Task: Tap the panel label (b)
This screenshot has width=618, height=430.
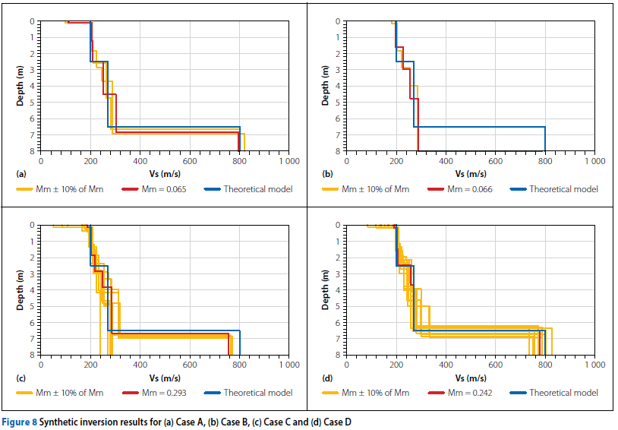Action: [327, 174]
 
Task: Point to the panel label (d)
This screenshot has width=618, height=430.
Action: [327, 378]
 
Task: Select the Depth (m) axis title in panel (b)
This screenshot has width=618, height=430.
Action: [325, 86]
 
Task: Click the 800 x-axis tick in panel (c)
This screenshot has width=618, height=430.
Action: [239, 365]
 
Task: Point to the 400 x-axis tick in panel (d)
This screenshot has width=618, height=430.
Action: [446, 365]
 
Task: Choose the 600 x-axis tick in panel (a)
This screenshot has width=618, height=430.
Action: [190, 162]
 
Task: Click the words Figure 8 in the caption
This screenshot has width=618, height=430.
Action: [24, 420]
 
